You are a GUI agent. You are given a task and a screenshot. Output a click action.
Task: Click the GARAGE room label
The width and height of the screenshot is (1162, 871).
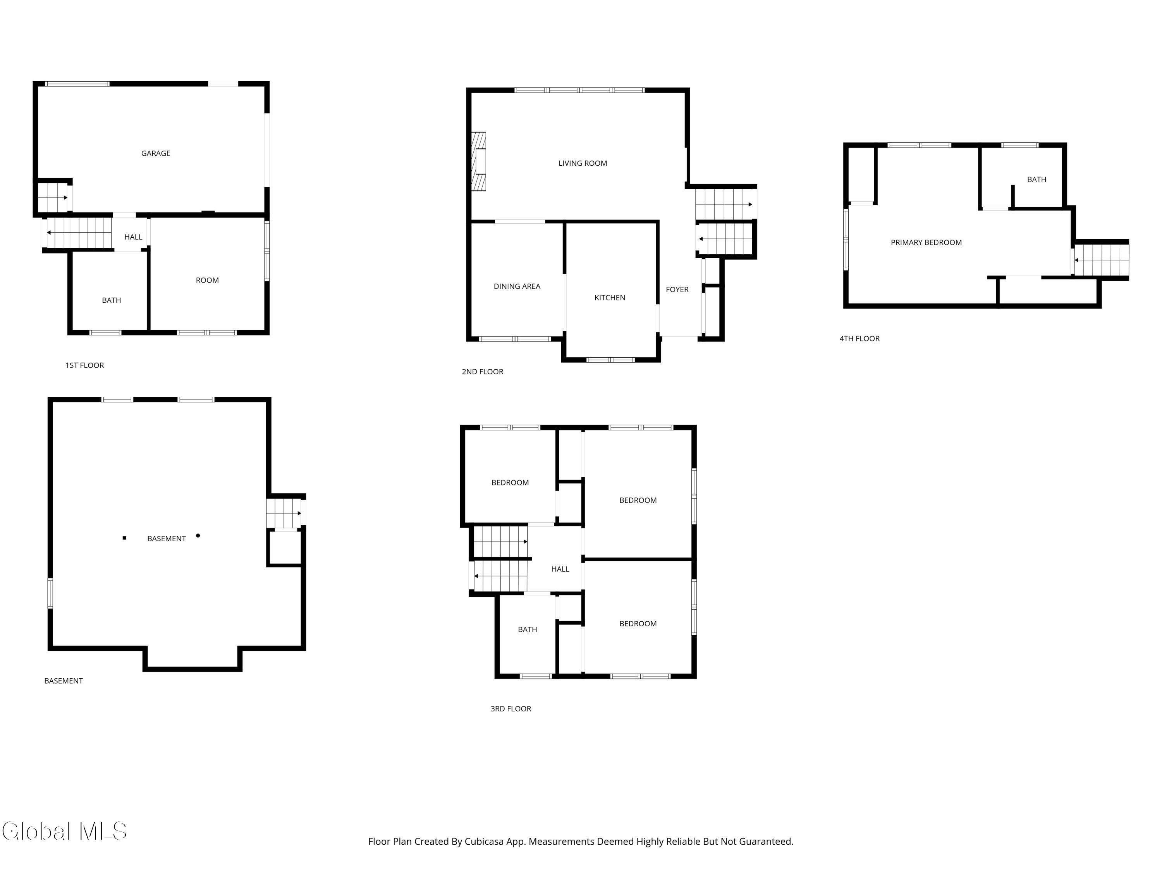click(155, 153)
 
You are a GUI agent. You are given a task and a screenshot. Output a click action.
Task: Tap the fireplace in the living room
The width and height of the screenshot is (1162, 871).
click(479, 161)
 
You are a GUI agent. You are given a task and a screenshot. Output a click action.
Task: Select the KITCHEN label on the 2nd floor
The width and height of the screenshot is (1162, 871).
click(609, 298)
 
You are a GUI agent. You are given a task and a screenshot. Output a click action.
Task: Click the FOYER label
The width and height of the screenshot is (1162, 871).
click(677, 289)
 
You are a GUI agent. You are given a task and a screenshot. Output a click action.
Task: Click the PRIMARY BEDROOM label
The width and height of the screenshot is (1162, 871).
click(926, 243)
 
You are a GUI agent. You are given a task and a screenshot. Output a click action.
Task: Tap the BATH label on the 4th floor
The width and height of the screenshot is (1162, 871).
click(1036, 180)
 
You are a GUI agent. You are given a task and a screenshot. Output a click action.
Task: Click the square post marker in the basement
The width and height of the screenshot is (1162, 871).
click(124, 538)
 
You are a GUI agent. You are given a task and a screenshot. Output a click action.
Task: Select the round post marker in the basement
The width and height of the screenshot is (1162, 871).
click(198, 535)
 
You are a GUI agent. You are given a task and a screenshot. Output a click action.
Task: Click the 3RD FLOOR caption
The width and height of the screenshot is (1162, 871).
click(510, 709)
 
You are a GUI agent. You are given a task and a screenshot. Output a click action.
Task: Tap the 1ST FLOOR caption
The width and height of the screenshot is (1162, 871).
click(84, 365)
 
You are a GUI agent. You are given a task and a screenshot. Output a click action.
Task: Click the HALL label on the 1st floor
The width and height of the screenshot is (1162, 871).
click(133, 237)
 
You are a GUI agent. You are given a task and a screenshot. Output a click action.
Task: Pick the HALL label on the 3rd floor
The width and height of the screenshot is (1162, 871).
click(560, 569)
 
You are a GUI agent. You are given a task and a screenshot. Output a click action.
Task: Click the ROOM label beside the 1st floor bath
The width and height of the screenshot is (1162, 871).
click(207, 280)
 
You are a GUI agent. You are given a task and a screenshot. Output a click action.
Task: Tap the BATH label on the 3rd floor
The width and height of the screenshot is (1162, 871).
click(527, 629)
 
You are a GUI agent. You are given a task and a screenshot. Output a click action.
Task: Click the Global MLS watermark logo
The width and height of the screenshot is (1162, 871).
click(64, 831)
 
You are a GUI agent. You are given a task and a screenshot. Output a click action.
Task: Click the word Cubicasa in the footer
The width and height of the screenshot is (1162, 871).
click(483, 842)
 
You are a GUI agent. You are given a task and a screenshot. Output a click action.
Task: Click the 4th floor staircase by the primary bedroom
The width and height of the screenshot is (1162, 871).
click(1100, 260)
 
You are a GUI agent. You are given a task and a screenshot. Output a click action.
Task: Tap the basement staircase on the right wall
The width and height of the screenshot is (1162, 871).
click(284, 513)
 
